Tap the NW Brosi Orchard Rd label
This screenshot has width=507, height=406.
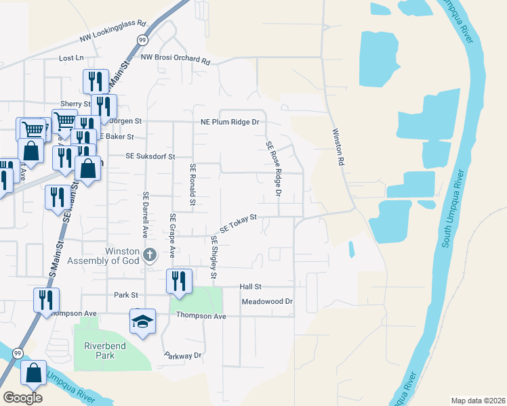176,59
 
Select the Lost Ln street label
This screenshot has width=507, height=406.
71,58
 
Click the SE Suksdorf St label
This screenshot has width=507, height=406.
150,156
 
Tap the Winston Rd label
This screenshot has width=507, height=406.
337,148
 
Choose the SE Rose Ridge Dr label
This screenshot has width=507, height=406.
273,168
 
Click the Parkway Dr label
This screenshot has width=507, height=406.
183,355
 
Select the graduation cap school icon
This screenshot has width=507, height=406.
143,321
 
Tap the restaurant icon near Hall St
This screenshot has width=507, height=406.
178,281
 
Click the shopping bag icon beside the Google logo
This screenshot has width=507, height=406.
33,372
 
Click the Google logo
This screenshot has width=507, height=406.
22,398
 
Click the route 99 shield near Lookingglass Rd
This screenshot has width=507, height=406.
142,41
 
